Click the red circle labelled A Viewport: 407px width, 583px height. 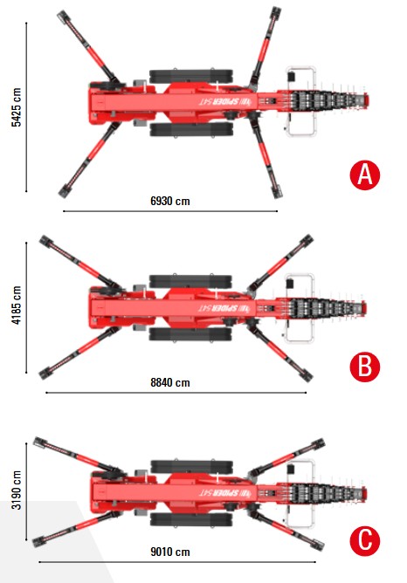pos(364,175)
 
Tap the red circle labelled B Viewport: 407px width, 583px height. pos(364,367)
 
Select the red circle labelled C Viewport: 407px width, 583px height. pos(364,540)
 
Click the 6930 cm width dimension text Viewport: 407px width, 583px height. pos(170,201)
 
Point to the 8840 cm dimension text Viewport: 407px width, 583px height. pos(170,382)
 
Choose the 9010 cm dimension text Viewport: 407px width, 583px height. pos(170,552)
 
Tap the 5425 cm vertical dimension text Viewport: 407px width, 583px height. pos(17,107)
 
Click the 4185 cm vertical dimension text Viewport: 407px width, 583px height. pos(17,305)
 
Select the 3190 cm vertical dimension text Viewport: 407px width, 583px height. pos(17,490)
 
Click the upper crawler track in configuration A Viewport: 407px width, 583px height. pos(191,76)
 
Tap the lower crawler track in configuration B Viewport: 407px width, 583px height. pos(190,334)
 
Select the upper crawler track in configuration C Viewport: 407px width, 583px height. pos(192,467)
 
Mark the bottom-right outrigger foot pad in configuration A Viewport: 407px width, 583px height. pos(276,193)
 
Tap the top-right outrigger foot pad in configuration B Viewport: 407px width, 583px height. pos(307,240)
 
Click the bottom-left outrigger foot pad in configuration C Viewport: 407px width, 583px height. pos(38,542)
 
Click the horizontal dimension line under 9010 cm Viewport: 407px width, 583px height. pos(177,562)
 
